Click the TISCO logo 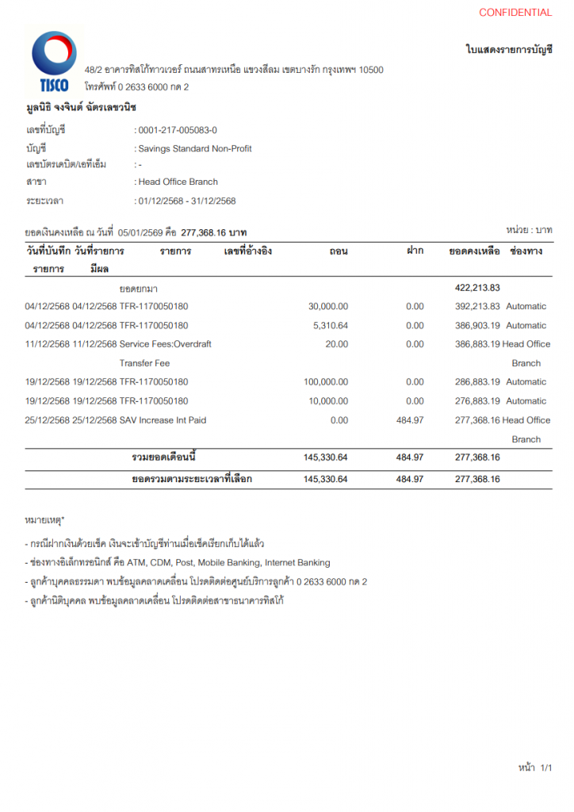pyautogui.click(x=54, y=62)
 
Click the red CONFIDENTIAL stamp pyautogui.click(x=515, y=13)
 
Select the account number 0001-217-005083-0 pyautogui.click(x=178, y=130)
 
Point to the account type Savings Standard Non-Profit pyautogui.click(x=195, y=148)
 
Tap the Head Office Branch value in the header pyautogui.click(x=178, y=182)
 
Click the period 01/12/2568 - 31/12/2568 pyautogui.click(x=187, y=201)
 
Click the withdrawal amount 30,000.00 pyautogui.click(x=327, y=306)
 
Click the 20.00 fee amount pyautogui.click(x=337, y=344)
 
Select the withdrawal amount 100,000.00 pyautogui.click(x=326, y=381)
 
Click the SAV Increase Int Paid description pyautogui.click(x=163, y=419)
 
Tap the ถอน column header pyautogui.click(x=339, y=251)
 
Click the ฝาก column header pyautogui.click(x=415, y=251)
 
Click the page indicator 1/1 pyautogui.click(x=545, y=768)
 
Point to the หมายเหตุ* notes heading pyautogui.click(x=45, y=520)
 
